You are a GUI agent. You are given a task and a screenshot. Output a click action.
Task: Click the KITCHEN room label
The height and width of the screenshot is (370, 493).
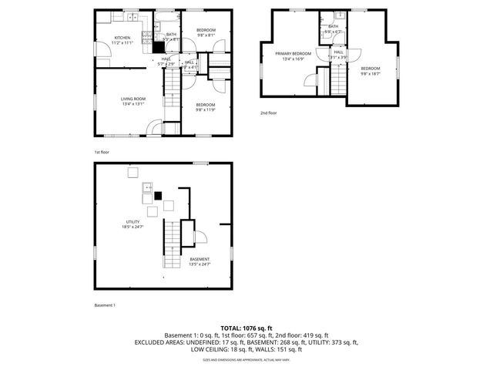pos(123,38)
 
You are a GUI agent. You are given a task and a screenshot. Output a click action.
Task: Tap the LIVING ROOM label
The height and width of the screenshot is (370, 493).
pos(132,99)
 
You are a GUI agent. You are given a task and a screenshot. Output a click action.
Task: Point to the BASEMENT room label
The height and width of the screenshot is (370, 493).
pos(200,259)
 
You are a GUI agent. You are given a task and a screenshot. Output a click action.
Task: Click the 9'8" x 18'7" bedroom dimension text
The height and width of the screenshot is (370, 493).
pos(371,74)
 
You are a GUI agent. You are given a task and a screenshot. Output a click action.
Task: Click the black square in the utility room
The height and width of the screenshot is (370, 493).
pos(158,196)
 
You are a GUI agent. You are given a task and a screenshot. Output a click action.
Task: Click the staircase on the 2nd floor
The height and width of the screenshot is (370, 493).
pos(339,77)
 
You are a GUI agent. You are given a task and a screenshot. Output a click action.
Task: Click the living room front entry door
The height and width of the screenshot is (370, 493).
pos(154,128)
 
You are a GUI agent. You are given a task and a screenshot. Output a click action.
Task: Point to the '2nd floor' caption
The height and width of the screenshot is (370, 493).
pos(268,113)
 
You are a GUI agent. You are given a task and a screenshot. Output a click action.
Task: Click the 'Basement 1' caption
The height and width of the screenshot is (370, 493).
pos(105,305)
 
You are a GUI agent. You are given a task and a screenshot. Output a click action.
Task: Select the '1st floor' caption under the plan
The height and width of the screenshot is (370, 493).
pos(102,152)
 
